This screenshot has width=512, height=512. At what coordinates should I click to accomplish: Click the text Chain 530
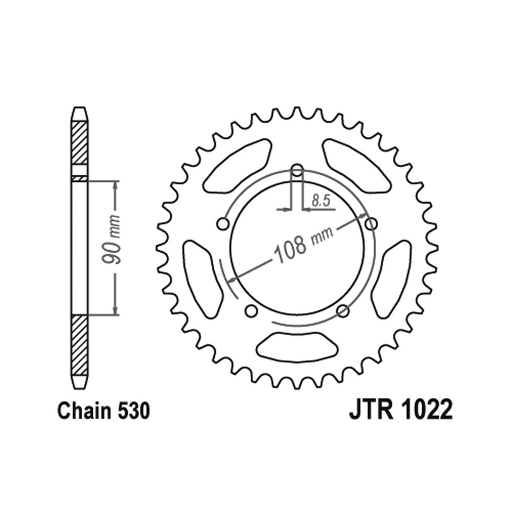(x=103, y=411)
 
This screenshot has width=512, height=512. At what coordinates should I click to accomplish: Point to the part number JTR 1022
(x=401, y=411)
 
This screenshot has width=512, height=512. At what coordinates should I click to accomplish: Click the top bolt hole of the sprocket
(x=297, y=170)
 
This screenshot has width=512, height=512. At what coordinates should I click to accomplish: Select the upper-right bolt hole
(x=371, y=224)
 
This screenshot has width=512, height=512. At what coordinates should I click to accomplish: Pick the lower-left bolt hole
(x=251, y=311)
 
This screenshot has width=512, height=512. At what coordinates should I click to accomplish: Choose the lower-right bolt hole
(x=343, y=311)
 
